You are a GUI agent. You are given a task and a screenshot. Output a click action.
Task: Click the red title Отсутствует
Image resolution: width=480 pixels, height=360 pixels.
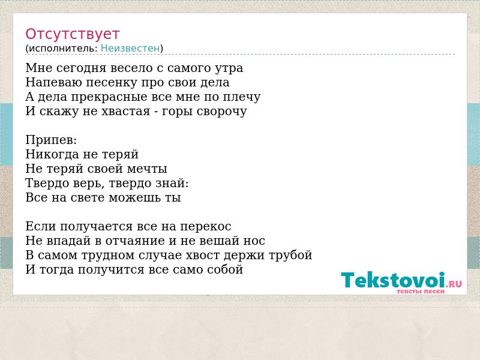point(72,34)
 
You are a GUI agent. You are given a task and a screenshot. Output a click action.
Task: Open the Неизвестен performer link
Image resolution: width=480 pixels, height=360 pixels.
point(130,49)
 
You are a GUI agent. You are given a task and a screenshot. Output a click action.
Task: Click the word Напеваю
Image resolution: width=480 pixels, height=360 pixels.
point(53,83)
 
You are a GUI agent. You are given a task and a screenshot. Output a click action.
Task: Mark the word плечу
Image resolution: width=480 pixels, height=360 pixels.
point(242,97)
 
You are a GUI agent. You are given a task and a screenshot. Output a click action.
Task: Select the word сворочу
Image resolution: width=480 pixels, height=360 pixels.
point(221,112)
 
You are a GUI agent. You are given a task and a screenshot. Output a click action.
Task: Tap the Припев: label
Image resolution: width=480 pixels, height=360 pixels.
point(51,140)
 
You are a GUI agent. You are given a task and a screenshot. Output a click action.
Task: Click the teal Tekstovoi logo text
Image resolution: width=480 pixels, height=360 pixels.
point(393,280)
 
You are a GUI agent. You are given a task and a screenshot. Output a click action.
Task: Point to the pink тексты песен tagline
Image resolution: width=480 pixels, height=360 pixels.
point(421,292)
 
